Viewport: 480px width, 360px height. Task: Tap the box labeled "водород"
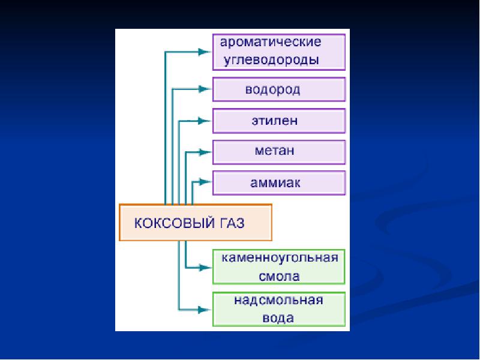pyautogui.click(x=279, y=90)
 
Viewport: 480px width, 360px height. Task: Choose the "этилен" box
pyautogui.click(x=279, y=121)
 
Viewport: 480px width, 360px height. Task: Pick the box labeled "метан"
pyautogui.click(x=279, y=152)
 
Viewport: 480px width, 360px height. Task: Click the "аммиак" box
pyautogui.click(x=279, y=182)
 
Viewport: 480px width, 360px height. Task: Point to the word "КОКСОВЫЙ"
pyautogui.click(x=172, y=223)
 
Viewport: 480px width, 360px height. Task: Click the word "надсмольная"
pyautogui.click(x=279, y=300)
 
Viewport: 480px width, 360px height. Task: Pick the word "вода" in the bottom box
pyautogui.click(x=279, y=317)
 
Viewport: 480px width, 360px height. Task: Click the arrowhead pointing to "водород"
pyautogui.click(x=205, y=89)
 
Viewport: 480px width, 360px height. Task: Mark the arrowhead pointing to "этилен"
pyautogui.click(x=205, y=121)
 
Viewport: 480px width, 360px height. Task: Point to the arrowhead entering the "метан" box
pyautogui.click(x=205, y=152)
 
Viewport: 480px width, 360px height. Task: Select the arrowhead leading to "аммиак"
pyautogui.click(x=205, y=180)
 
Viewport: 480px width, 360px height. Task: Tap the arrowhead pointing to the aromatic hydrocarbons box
pyautogui.click(x=205, y=52)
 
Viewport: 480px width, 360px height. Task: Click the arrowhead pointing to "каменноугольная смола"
pyautogui.click(x=205, y=267)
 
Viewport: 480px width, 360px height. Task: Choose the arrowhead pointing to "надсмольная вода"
pyautogui.click(x=205, y=309)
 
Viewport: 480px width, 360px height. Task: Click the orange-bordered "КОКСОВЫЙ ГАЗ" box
pyautogui.click(x=196, y=223)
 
